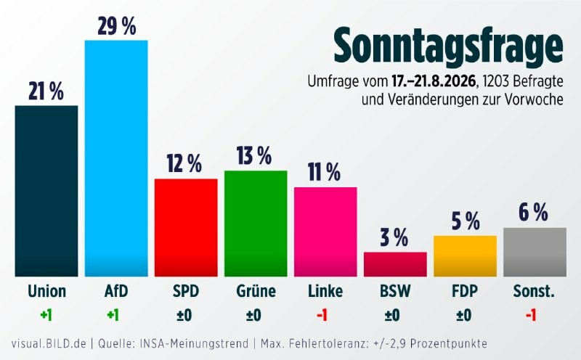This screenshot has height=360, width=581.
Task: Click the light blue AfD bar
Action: point(116,158)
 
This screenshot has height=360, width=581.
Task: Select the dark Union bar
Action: point(46,191)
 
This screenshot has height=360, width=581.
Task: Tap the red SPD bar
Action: point(186,228)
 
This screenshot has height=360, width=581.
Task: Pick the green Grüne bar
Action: point(256,224)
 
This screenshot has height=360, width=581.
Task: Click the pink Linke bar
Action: point(325,232)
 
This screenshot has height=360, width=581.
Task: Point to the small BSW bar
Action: point(395,264)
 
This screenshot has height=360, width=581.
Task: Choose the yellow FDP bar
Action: point(465,256)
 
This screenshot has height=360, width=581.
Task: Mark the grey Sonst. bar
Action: point(535,253)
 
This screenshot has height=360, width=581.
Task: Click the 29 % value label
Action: point(117,27)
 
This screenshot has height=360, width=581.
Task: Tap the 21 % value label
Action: point(46,91)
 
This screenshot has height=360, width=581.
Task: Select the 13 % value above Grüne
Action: point(254,155)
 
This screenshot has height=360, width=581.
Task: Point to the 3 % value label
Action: point(394,237)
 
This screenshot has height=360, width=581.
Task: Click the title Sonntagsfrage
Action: point(448,46)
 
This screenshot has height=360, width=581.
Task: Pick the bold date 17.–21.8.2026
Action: point(434,81)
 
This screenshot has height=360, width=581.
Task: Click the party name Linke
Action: point(325,291)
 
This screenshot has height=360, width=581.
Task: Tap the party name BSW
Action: point(395,291)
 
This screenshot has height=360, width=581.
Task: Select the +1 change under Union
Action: point(46,316)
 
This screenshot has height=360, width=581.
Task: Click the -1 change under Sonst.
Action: point(531,316)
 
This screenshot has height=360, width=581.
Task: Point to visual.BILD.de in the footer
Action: point(49,344)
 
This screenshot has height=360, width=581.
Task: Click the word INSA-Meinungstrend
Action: point(194,344)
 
